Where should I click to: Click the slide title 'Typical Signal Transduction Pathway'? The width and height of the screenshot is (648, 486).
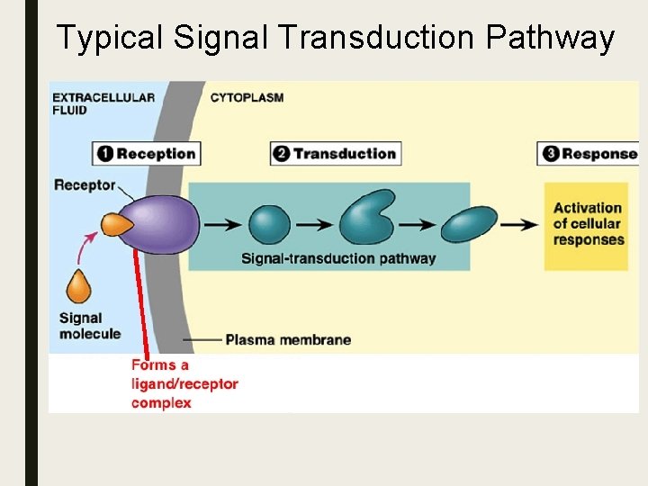(x=335, y=38)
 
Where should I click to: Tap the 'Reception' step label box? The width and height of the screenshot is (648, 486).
(x=146, y=153)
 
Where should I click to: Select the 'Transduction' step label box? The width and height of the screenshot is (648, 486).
(x=335, y=153)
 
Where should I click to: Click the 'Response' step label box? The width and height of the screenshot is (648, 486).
(x=589, y=153)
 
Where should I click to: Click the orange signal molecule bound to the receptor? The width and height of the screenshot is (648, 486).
(x=115, y=225)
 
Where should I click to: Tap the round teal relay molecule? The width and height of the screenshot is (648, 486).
(x=268, y=225)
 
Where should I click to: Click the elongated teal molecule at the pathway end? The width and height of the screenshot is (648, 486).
(x=469, y=225)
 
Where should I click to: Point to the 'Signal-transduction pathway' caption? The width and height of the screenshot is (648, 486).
(x=338, y=258)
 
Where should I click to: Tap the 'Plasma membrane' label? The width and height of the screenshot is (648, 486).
(x=288, y=340)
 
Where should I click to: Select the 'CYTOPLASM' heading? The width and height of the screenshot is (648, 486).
(x=247, y=97)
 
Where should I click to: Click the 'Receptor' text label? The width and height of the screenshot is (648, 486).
(x=85, y=185)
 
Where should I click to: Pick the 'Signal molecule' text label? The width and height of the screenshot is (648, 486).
(x=89, y=326)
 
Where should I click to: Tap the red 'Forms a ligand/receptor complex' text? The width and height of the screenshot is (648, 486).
(x=184, y=384)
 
